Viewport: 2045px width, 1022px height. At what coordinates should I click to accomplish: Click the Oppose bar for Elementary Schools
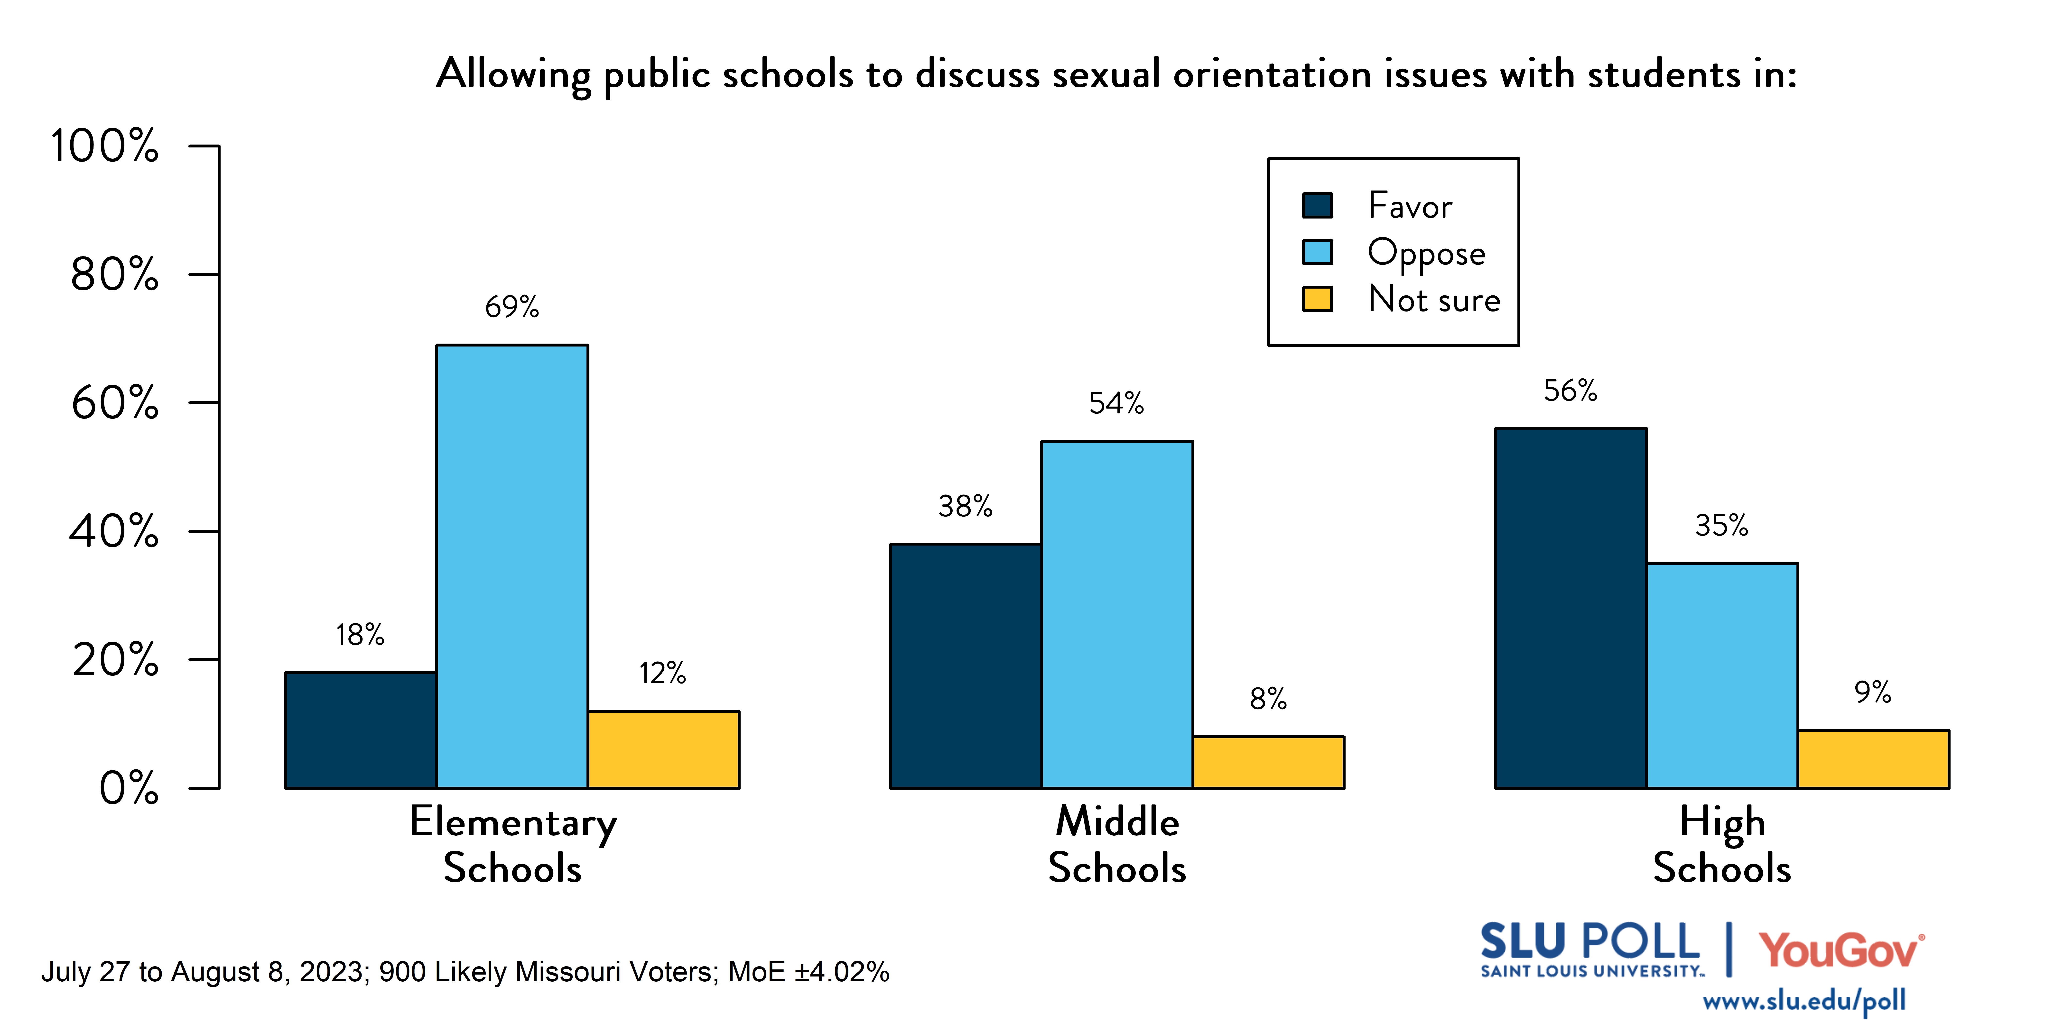point(512,566)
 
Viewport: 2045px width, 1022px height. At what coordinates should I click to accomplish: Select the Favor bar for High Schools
point(1570,608)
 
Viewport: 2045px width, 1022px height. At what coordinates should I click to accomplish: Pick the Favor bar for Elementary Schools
point(360,730)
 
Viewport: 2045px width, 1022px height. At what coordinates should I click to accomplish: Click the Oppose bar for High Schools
point(1722,675)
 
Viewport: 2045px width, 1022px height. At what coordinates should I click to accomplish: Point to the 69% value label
point(512,307)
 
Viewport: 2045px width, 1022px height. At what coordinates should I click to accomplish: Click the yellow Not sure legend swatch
point(1317,299)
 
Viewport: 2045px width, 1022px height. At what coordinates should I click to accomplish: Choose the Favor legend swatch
point(1317,206)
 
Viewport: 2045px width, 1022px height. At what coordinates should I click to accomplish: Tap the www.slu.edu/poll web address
point(1804,1001)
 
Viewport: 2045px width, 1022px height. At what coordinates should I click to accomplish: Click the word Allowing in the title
point(514,75)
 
